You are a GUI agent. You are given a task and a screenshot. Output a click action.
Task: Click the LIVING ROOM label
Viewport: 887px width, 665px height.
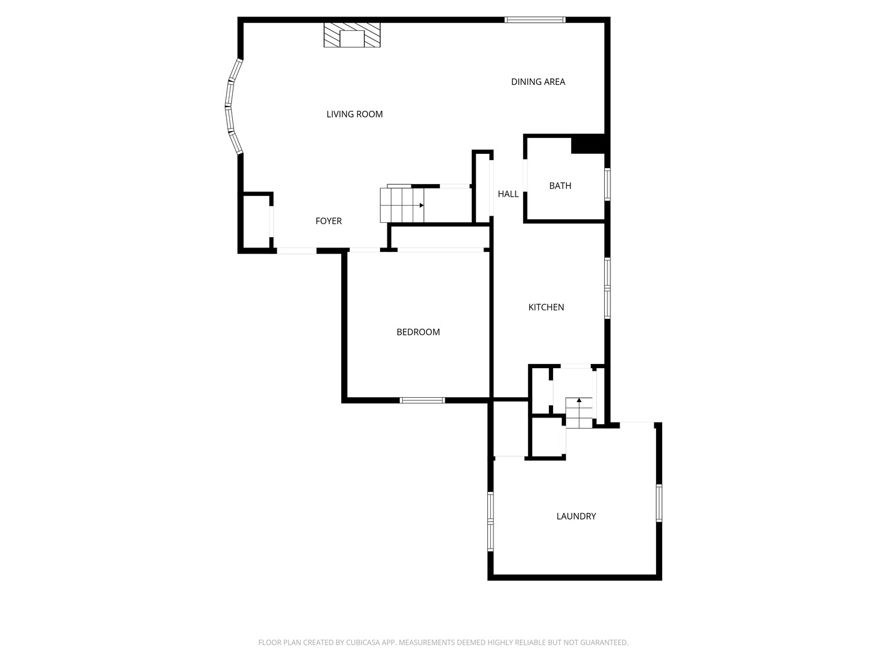tap(354, 114)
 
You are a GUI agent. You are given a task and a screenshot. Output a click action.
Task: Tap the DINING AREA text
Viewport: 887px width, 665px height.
tap(538, 82)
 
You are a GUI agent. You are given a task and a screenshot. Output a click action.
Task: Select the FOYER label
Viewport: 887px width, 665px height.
tap(328, 221)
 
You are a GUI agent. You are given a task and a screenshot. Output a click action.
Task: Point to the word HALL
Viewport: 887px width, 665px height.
tap(508, 194)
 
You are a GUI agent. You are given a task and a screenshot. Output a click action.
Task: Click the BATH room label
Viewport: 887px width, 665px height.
tap(560, 185)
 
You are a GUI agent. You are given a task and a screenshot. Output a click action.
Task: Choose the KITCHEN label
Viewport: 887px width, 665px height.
tap(546, 307)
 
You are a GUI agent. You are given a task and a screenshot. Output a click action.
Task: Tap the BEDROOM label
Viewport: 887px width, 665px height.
tap(418, 332)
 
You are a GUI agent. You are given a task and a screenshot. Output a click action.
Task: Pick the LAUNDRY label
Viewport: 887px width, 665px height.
tap(576, 516)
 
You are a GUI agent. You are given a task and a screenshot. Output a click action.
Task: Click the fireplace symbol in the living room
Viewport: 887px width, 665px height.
tap(352, 35)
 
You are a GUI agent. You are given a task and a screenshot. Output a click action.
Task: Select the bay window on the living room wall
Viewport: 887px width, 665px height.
tap(232, 106)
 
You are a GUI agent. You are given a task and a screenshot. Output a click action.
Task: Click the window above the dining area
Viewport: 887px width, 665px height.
tap(535, 20)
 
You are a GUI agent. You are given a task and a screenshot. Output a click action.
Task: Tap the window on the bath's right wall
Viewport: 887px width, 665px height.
tap(607, 185)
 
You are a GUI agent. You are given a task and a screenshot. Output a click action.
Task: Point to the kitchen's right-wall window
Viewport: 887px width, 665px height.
tap(607, 288)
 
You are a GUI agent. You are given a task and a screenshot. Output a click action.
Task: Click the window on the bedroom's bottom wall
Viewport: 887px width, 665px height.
tap(422, 400)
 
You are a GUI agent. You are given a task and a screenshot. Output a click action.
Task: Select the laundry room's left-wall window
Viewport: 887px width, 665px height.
tap(491, 521)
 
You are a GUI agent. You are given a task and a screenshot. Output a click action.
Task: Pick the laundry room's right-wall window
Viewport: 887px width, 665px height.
tap(658, 503)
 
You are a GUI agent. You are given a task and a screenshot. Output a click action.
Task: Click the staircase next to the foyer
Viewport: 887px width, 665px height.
tap(402, 205)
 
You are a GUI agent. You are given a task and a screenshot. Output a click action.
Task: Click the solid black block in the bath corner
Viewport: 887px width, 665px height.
tap(589, 144)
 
